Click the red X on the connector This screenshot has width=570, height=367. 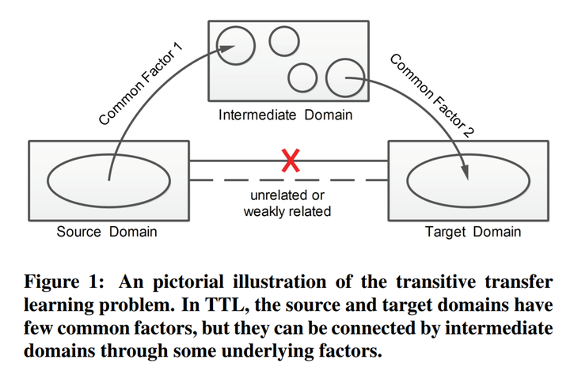pos(291,162)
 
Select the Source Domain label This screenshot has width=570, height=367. pos(107,232)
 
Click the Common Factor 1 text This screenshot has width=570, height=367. pos(141,85)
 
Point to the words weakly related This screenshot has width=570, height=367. pos(287,212)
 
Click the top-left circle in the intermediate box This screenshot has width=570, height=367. pos(236,46)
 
